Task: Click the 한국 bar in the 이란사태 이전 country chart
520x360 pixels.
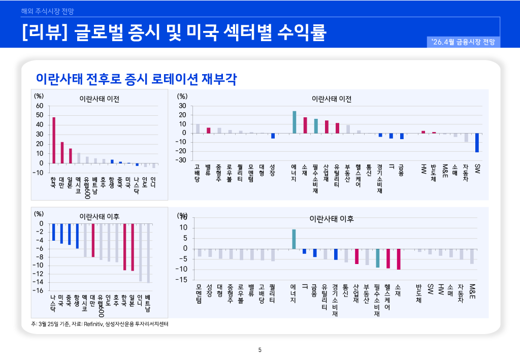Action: tap(54, 140)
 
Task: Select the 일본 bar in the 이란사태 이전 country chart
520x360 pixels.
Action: tap(71, 156)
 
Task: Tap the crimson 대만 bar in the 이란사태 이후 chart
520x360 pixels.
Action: tap(93, 240)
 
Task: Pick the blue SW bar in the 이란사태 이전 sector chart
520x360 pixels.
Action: tap(477, 143)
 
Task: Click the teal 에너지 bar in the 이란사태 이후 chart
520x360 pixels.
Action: tap(294, 239)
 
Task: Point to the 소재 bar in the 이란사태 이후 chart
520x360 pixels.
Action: tap(399, 259)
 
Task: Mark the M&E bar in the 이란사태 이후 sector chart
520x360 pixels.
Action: tap(472, 256)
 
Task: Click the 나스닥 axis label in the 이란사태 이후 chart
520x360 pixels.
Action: tap(53, 303)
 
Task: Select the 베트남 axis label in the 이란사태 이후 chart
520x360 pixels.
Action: tap(148, 303)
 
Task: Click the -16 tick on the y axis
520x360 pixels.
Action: tap(38, 290)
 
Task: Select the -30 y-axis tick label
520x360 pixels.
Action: tap(181, 160)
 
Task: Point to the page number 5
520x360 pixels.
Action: tap(260, 349)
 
